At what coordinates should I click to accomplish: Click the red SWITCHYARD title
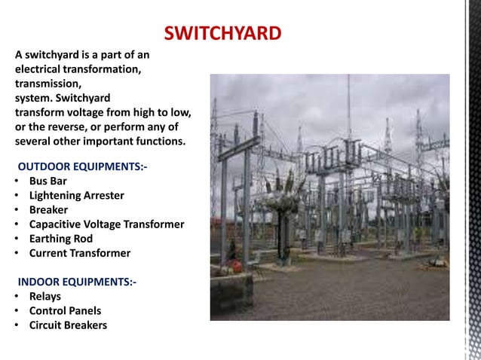(x=222, y=33)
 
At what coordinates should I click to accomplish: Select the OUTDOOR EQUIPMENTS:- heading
(x=82, y=166)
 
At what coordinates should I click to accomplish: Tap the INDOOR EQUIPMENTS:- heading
(x=77, y=282)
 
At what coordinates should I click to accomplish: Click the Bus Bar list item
(x=48, y=181)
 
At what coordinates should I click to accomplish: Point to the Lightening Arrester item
(x=76, y=195)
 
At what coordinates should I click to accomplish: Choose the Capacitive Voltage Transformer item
(x=106, y=224)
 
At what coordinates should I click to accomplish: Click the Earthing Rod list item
(x=60, y=239)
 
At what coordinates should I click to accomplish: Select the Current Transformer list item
(x=79, y=253)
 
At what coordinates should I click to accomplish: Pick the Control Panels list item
(x=65, y=310)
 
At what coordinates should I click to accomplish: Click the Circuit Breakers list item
(x=68, y=325)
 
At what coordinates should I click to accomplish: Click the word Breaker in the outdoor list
(x=48, y=209)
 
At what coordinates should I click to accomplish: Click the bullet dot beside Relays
(x=16, y=297)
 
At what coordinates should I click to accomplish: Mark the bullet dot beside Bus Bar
(x=16, y=182)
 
